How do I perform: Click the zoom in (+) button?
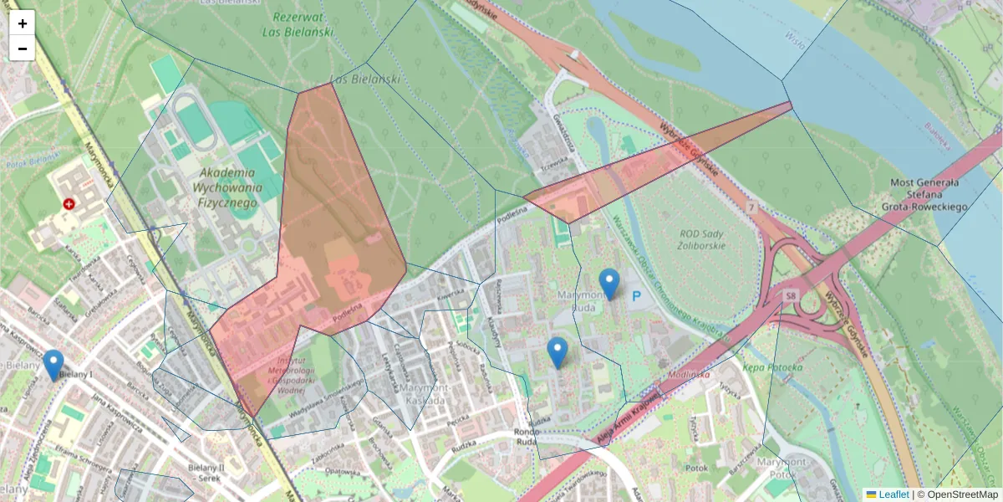click(x=23, y=23)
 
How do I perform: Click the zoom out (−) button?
click(x=23, y=49)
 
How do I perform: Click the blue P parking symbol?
click(x=637, y=296)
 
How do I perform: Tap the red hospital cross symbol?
click(x=69, y=203)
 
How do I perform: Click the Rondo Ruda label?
click(x=526, y=437)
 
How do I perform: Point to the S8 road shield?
click(x=790, y=296)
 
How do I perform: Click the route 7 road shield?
click(x=752, y=206)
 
